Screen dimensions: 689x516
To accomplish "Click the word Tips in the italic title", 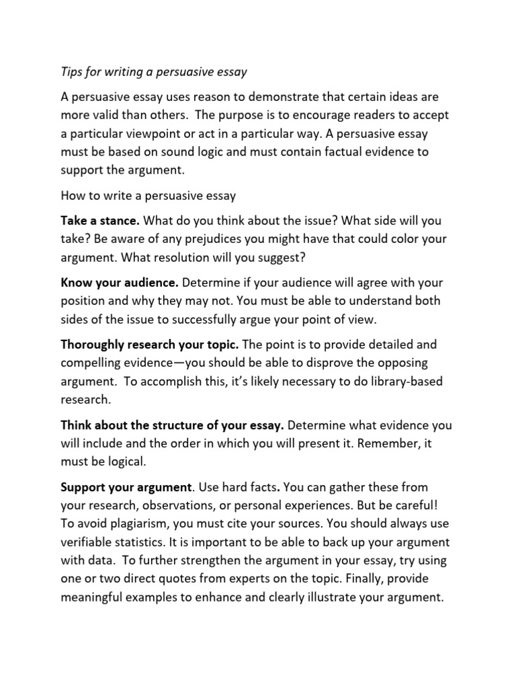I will (73, 71).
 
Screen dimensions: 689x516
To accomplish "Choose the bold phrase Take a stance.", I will (100, 221).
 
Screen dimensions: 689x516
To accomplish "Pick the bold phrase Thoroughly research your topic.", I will (149, 344).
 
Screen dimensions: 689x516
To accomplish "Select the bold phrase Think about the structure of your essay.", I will (173, 425).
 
